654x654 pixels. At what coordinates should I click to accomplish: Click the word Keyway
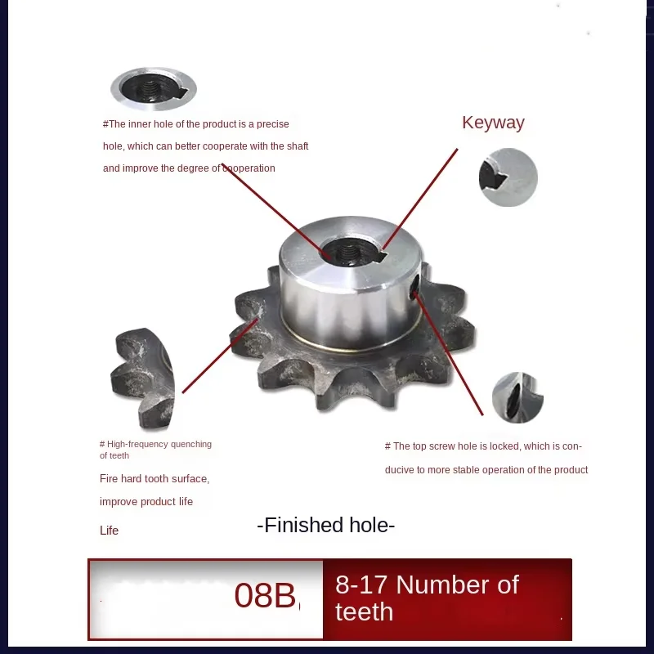[x=493, y=123]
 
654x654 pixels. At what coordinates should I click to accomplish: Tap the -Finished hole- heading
[x=325, y=525]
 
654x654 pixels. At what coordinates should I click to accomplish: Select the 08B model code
[x=265, y=596]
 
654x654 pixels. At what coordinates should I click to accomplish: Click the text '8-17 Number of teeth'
[x=426, y=598]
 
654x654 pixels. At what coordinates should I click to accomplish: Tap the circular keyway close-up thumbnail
[x=508, y=177]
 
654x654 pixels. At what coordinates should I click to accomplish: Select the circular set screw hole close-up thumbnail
[x=517, y=397]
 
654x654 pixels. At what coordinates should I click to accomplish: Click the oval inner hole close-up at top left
[x=154, y=88]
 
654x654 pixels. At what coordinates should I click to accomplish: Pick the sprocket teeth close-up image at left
[x=142, y=378]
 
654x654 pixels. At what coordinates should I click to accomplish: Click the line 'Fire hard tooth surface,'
[x=155, y=478]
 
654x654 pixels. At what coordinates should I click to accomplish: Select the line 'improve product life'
[x=146, y=501]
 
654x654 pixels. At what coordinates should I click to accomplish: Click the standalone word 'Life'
[x=109, y=531]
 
